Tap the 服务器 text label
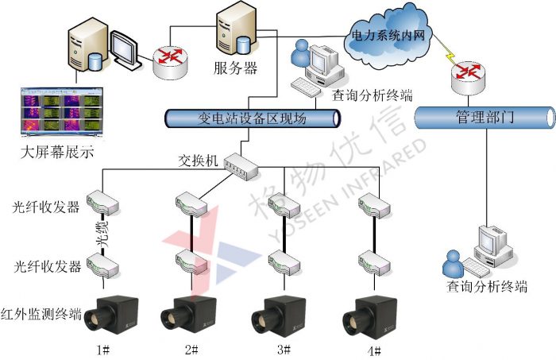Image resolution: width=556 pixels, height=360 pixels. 236,68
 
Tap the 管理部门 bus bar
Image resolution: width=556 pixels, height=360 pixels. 484,118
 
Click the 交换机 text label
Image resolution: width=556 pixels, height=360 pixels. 199,158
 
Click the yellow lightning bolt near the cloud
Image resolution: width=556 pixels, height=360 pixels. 450,56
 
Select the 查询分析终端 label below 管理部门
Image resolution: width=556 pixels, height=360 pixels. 486,287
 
